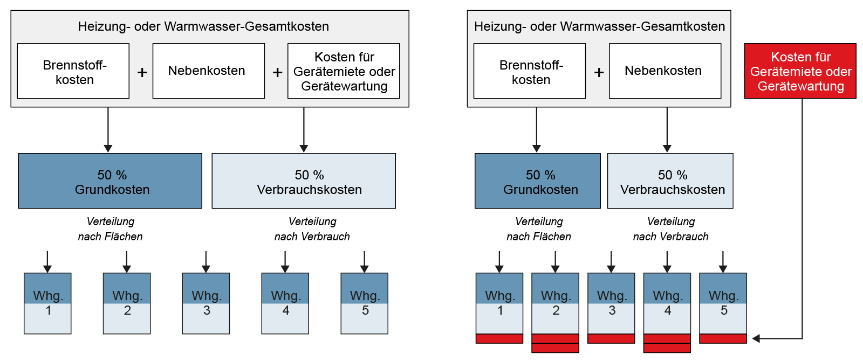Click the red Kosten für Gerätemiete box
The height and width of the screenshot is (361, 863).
(x=800, y=71)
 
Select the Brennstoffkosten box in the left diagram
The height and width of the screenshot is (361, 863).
(x=73, y=71)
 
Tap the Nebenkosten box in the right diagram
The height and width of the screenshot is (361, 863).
(x=665, y=71)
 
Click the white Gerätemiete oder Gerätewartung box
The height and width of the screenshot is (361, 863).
(x=344, y=71)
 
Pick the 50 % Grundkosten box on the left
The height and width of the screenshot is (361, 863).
(x=110, y=181)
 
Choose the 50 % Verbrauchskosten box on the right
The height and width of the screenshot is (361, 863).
(x=670, y=181)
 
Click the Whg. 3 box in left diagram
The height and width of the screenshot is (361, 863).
(x=206, y=303)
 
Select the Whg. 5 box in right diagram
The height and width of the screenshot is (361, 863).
(x=723, y=303)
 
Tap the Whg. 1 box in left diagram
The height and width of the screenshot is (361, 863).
(x=47, y=303)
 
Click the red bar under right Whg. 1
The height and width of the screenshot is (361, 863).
(x=499, y=338)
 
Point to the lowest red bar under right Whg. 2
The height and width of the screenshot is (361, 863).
(x=555, y=348)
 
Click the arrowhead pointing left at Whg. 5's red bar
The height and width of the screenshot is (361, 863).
(x=756, y=338)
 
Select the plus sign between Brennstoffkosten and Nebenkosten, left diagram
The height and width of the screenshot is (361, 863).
(x=142, y=72)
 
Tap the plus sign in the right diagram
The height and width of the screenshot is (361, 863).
(x=599, y=72)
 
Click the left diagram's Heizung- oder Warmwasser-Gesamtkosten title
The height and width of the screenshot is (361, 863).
(x=203, y=26)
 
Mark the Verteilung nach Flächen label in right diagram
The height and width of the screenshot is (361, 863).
(x=538, y=229)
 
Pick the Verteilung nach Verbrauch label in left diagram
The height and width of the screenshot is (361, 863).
(x=312, y=229)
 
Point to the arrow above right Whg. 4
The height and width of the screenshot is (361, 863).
(x=667, y=262)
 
